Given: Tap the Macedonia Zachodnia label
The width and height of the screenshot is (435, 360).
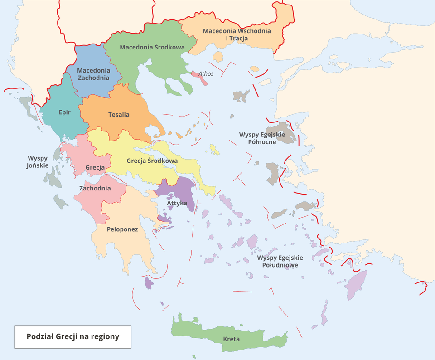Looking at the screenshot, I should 93,74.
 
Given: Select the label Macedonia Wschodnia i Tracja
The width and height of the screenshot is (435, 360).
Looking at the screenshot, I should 237,34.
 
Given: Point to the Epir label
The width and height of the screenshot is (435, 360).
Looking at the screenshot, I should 64,112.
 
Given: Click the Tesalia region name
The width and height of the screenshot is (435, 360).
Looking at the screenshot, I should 119,114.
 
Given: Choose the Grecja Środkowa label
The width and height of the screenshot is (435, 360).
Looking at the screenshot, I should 152,161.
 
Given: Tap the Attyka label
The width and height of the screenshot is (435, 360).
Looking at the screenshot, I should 177,203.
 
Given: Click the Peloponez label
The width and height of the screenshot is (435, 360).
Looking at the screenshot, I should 122,229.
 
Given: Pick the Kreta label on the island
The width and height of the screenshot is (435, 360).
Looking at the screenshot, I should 231,339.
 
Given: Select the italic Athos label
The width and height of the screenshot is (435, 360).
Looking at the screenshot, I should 206,73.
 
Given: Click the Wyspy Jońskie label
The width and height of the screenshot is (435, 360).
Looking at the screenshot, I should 38,162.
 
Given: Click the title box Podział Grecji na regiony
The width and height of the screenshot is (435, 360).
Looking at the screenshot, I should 72,336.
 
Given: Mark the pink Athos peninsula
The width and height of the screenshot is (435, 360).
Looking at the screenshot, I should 200,77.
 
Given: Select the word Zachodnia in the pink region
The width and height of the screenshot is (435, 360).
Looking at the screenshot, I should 95,188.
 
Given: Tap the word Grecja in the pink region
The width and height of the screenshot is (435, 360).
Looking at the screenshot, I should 95,167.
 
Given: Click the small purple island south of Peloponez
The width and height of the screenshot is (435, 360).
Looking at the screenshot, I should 149,283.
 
